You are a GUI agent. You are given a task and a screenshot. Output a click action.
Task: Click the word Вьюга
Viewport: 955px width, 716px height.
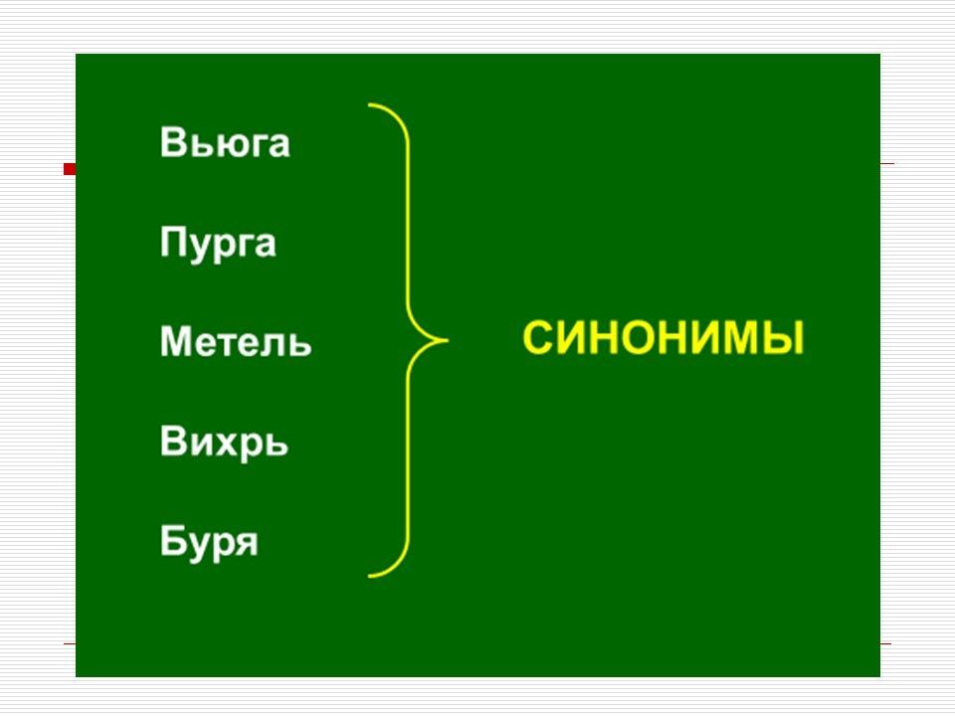[x=225, y=143]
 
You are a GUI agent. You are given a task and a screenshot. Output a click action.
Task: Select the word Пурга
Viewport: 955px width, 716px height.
[x=218, y=244]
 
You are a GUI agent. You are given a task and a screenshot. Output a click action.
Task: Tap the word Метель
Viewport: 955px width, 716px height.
[x=236, y=343]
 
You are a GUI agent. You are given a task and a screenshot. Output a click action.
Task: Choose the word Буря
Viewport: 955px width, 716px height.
[x=209, y=543]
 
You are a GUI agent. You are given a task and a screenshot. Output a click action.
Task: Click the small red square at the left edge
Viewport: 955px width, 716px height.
[x=70, y=169]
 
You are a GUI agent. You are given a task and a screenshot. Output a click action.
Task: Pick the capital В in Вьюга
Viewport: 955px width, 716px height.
[x=173, y=143]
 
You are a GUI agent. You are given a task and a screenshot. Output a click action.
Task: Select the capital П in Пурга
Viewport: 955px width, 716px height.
[x=174, y=242]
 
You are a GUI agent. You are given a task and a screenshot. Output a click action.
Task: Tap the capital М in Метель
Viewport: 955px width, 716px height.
[x=178, y=343]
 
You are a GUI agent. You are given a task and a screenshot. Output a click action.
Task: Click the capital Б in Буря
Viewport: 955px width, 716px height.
[x=173, y=542]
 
